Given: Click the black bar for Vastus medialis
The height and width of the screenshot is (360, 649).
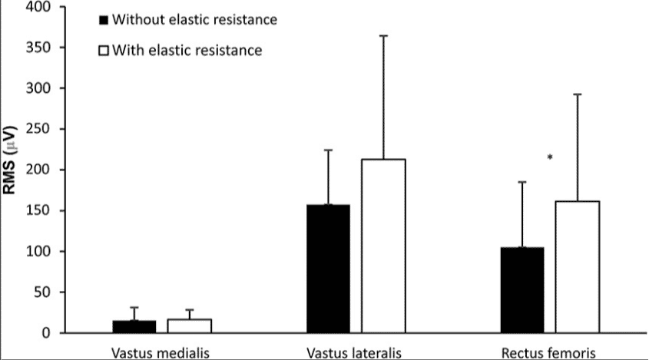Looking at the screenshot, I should pyautogui.click(x=134, y=327).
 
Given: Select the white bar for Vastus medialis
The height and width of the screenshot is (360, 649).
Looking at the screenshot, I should pyautogui.click(x=190, y=326).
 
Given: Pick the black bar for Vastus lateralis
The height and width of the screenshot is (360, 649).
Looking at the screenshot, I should pyautogui.click(x=328, y=269).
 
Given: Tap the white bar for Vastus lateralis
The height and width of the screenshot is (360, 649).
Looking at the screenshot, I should pyautogui.click(x=384, y=246).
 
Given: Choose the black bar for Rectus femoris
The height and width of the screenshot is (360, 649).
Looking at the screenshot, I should pyautogui.click(x=522, y=290).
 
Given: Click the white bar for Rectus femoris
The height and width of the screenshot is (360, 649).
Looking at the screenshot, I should pyautogui.click(x=578, y=267).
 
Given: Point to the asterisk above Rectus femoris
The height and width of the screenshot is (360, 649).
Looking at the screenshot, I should pyautogui.click(x=549, y=158).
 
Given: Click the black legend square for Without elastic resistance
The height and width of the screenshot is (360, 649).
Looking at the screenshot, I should pyautogui.click(x=104, y=19).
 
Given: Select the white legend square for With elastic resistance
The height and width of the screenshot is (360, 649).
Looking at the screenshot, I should pyautogui.click(x=104, y=51).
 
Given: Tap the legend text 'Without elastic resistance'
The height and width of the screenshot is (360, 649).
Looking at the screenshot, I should pyautogui.click(x=194, y=19).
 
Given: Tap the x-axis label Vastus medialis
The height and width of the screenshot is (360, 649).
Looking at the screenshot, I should pyautogui.click(x=161, y=352).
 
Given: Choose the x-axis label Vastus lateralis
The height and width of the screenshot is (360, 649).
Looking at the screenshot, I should pyautogui.click(x=356, y=352).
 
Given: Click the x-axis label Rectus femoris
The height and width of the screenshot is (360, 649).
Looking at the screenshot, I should pyautogui.click(x=550, y=352).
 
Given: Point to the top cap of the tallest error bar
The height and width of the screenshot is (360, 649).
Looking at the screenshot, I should pyautogui.click(x=384, y=35).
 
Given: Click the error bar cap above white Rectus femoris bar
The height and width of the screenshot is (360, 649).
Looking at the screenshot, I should pyautogui.click(x=578, y=94).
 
